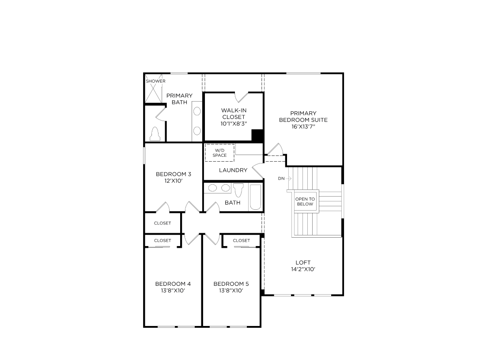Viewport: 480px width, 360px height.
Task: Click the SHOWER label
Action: tap(155, 81)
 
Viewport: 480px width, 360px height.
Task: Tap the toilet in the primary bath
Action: tap(155, 133)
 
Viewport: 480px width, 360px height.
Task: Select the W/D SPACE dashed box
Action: tap(219, 153)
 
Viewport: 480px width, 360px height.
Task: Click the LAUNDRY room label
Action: tap(233, 171)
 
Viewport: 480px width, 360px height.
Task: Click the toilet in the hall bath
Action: tap(238, 189)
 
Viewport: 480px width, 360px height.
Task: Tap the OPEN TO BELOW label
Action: tap(305, 202)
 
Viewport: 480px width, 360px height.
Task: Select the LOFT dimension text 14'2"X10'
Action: tap(303, 269)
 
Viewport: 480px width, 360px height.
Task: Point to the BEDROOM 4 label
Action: tap(173, 284)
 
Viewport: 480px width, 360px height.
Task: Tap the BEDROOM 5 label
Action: tap(231, 284)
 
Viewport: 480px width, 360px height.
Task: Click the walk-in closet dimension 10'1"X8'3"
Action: tap(233, 124)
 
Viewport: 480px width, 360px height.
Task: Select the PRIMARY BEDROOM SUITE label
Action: tap(303, 117)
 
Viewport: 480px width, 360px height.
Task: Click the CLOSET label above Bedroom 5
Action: tap(241, 241)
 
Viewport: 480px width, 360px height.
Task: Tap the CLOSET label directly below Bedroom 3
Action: tap(163, 224)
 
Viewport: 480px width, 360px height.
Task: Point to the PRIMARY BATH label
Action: tap(179, 99)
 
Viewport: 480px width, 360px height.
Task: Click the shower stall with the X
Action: tap(154, 92)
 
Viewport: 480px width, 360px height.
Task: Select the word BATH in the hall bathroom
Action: tap(232, 203)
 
